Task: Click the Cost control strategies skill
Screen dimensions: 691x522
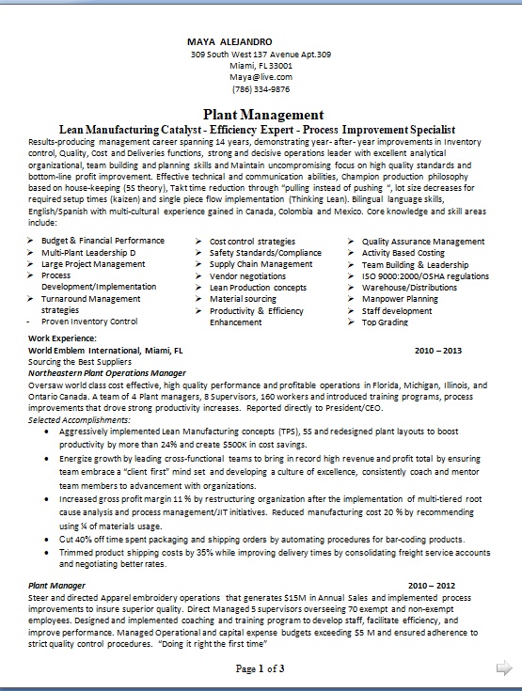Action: click(252, 241)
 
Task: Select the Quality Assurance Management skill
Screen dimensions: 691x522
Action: click(422, 241)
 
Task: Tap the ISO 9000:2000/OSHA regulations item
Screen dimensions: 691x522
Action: click(425, 276)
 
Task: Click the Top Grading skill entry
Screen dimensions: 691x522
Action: click(386, 322)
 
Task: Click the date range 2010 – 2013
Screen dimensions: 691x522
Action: click(437, 349)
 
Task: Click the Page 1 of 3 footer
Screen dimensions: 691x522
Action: click(260, 668)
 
